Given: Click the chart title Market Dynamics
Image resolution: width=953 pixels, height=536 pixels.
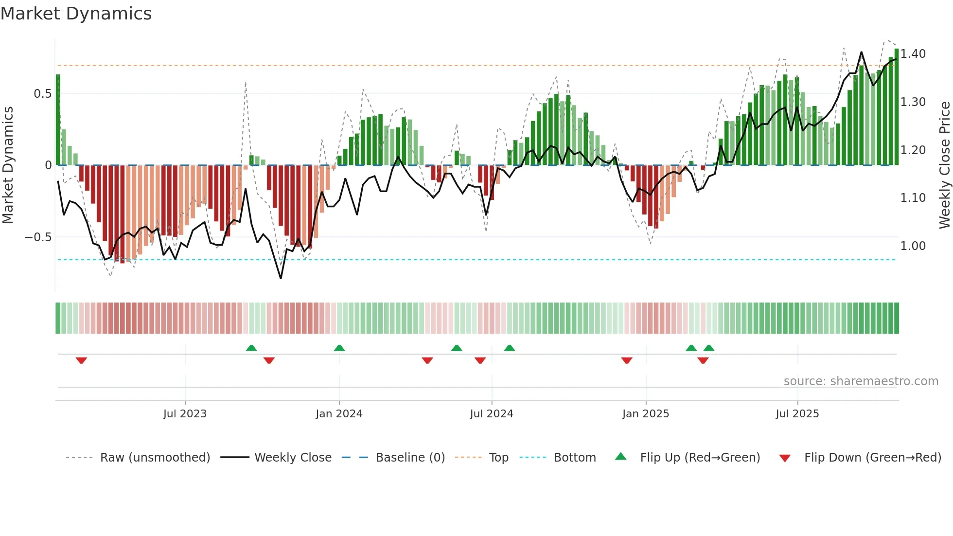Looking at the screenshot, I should click(x=76, y=14).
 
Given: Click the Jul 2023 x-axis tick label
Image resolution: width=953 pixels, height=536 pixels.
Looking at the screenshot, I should click(x=185, y=414).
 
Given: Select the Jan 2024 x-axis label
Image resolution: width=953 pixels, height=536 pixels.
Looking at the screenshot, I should click(x=339, y=414).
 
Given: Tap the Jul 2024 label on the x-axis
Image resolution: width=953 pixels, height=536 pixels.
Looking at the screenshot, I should click(x=491, y=414).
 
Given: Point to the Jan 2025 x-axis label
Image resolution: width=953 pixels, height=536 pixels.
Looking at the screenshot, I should click(x=645, y=414).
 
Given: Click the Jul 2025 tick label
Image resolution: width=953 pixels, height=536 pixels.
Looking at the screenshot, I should click(x=797, y=414).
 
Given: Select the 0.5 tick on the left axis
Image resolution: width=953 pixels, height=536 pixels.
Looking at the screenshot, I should click(x=42, y=94).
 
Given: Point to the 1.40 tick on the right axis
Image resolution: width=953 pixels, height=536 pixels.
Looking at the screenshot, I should click(x=913, y=54).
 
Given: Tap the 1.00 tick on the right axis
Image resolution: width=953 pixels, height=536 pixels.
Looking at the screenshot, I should click(x=913, y=246).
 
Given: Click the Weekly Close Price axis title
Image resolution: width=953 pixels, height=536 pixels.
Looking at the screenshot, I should click(x=944, y=165).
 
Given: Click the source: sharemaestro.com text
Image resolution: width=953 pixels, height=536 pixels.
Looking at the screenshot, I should click(x=861, y=381).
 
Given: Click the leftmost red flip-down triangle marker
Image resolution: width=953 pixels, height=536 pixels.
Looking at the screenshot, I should click(x=81, y=360).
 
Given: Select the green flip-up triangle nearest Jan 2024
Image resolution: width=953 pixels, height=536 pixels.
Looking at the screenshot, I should click(x=339, y=348).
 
